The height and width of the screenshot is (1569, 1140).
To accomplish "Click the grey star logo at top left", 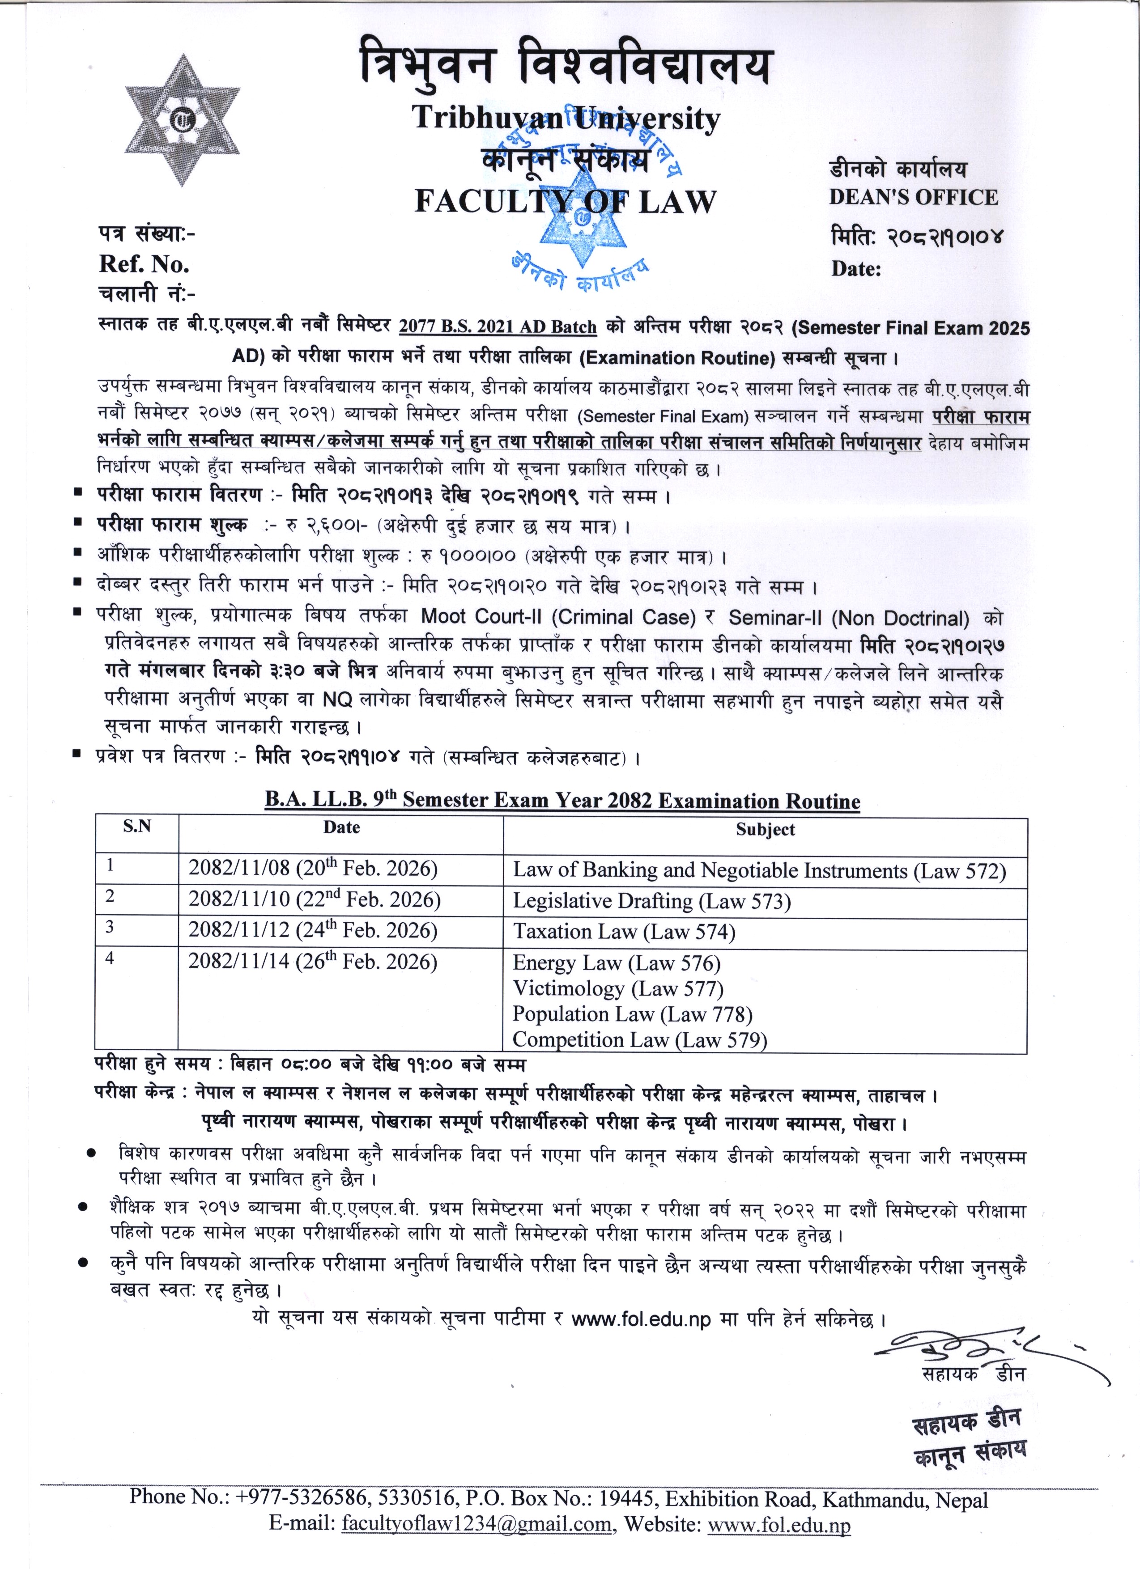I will pos(182,120).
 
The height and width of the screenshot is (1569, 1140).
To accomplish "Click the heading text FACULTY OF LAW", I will pos(565,201).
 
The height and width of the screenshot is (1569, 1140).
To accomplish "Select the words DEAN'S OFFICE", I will pos(914,197).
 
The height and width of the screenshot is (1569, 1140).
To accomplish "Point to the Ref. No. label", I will pos(144,264).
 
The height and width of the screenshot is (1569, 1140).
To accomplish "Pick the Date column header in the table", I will pos(341,827).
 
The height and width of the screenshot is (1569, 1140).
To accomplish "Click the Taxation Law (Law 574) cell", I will pos(624,932).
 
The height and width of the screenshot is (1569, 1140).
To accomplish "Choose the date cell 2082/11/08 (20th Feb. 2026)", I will pos(313,869).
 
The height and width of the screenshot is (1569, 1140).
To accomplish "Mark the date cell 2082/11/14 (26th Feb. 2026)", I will pos(313,963).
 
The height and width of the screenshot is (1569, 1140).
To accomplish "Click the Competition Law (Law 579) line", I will pos(639,1040).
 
